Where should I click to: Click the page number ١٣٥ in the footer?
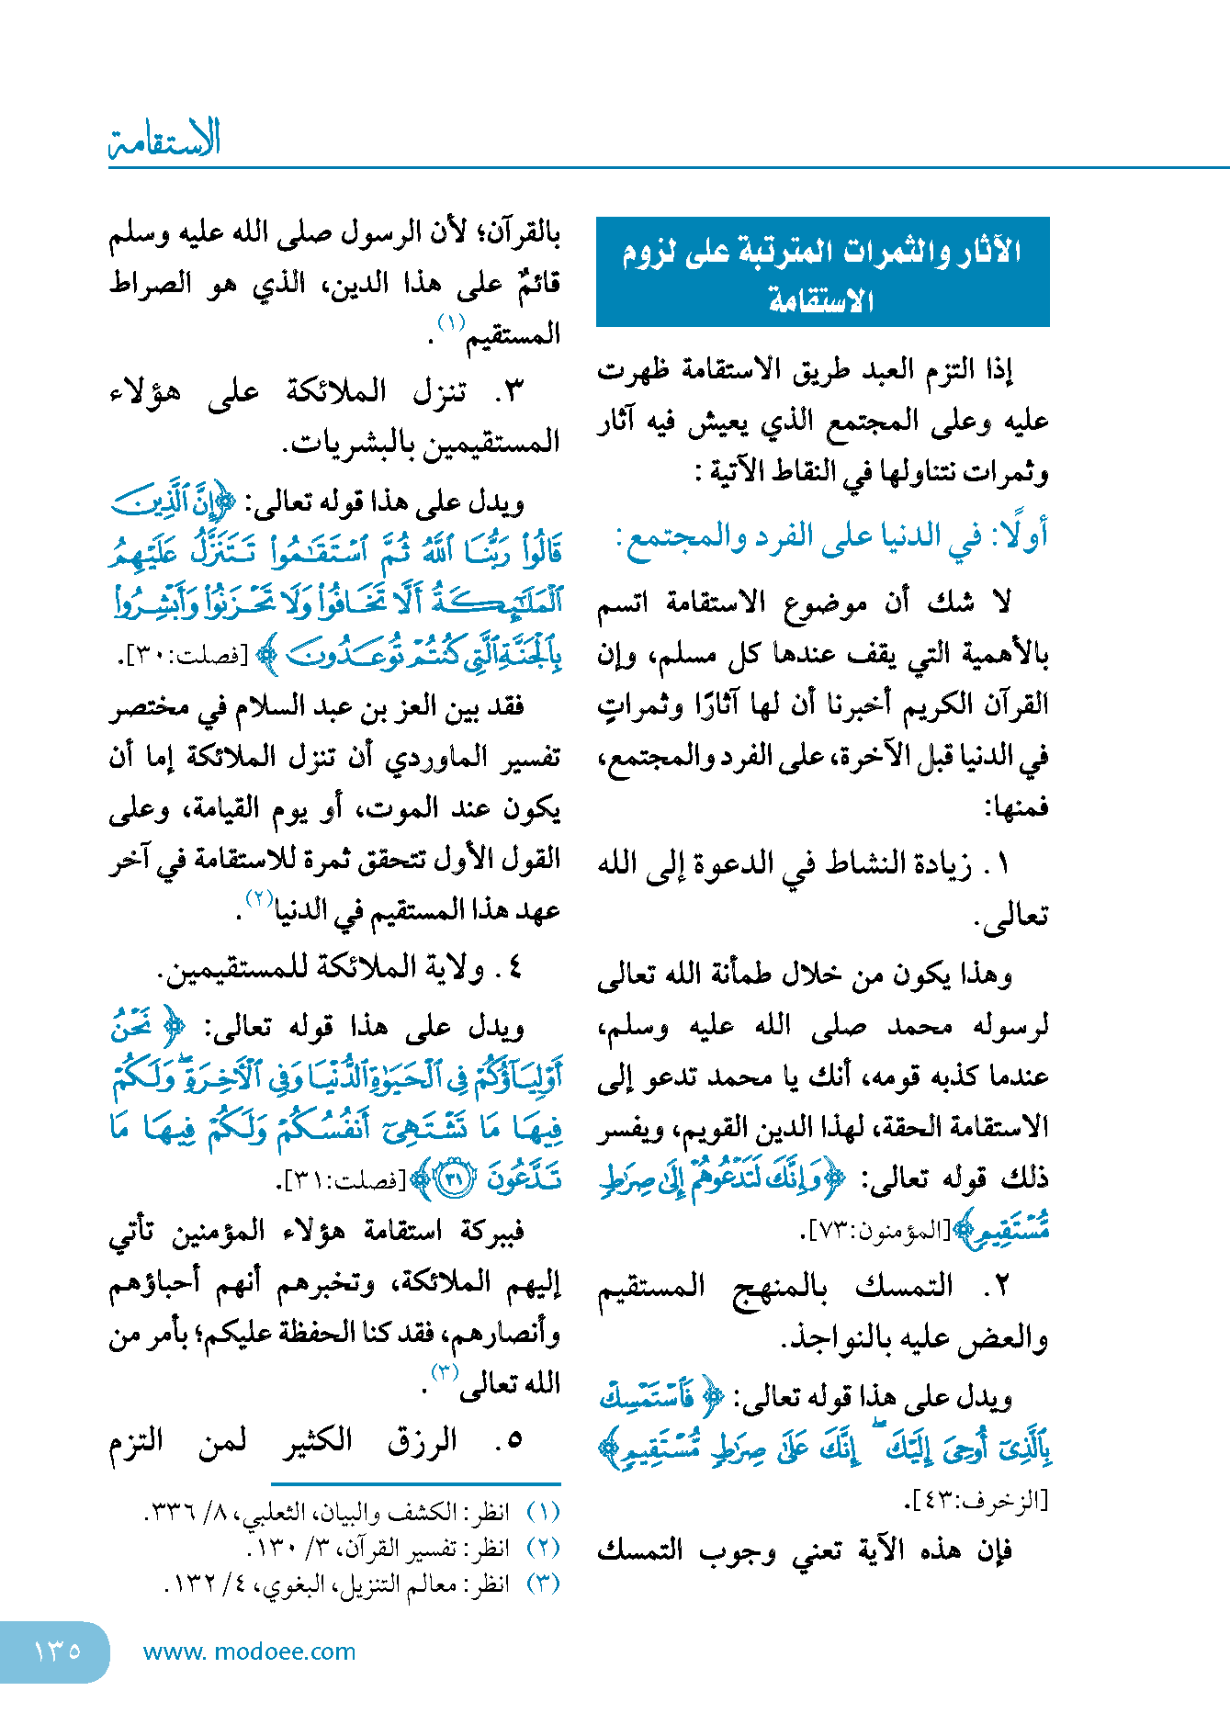[57, 1651]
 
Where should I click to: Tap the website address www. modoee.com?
[249, 1651]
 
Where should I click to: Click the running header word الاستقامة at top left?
[165, 141]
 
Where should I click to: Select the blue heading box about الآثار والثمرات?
[822, 272]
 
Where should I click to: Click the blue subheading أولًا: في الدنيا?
[831, 536]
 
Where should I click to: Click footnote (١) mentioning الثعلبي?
[354, 1512]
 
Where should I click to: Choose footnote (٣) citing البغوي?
[363, 1584]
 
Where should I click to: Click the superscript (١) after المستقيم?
[451, 323]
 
